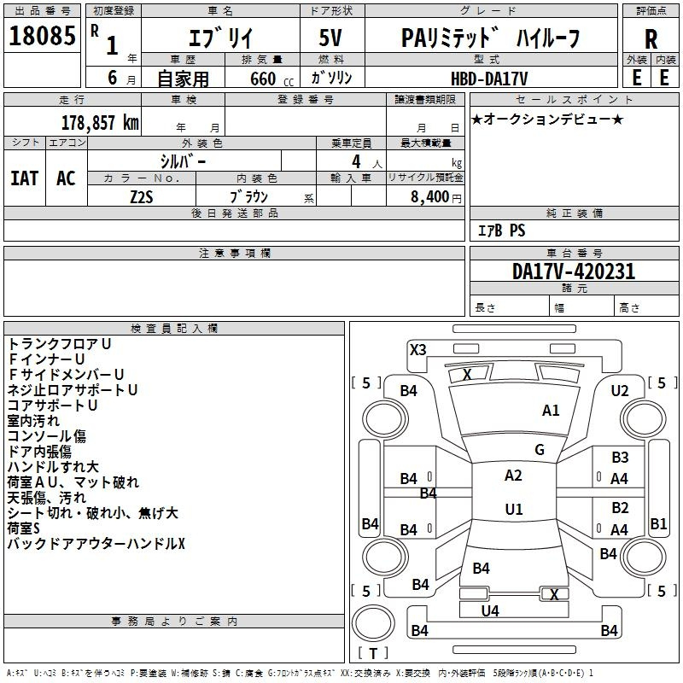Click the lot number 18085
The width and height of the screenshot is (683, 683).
pos(42,36)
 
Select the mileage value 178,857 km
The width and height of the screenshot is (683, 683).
pos(100,123)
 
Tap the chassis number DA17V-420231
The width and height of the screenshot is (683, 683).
pos(574,271)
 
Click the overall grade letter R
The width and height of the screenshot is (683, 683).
pos(651,39)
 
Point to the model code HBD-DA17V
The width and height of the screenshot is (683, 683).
pos(489,79)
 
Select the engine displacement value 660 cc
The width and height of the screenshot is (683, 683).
pos(271,79)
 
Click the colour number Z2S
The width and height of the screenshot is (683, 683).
pos(142,197)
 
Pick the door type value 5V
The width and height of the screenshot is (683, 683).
pos(330,38)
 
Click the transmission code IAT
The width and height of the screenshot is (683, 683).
pos(25,178)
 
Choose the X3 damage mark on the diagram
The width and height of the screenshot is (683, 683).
pos(418,350)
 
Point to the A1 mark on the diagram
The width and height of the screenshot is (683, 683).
pos(551,411)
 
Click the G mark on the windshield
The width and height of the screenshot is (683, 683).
pos(540,450)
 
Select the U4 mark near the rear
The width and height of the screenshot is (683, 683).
pos(490,611)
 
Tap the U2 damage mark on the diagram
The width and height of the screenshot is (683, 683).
pos(620,391)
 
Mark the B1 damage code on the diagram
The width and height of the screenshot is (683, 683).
pos(658,523)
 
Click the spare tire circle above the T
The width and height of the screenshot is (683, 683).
pos(373,623)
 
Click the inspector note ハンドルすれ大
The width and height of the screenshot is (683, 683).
pos(53,467)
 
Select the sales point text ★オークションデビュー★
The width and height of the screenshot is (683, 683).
pos(547,119)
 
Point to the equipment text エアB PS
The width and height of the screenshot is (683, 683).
pos(501,231)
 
